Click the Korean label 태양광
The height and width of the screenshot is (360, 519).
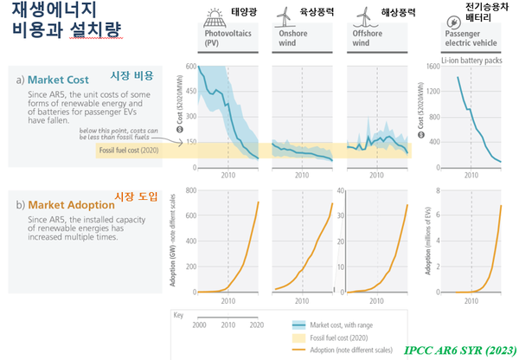241,13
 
